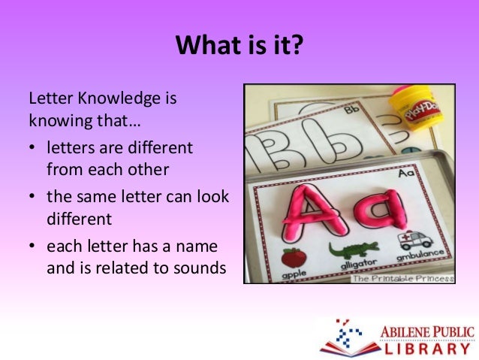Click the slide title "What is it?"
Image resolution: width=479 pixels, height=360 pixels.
pos(239,47)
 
